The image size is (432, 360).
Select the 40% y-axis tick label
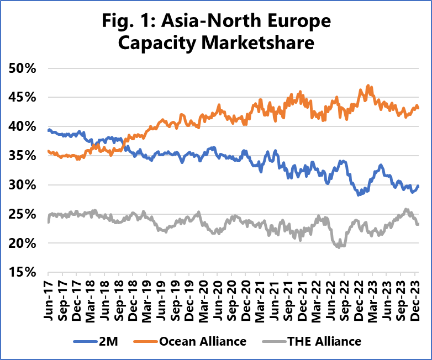click(22, 127)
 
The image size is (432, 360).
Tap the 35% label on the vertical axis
click(22, 156)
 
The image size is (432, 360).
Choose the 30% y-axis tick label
click(22, 185)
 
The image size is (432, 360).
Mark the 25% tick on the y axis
click(22, 214)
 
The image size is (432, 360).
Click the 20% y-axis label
click(22, 243)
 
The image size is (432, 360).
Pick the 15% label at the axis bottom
click(22, 272)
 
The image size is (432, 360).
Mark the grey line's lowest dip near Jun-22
click(338, 247)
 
